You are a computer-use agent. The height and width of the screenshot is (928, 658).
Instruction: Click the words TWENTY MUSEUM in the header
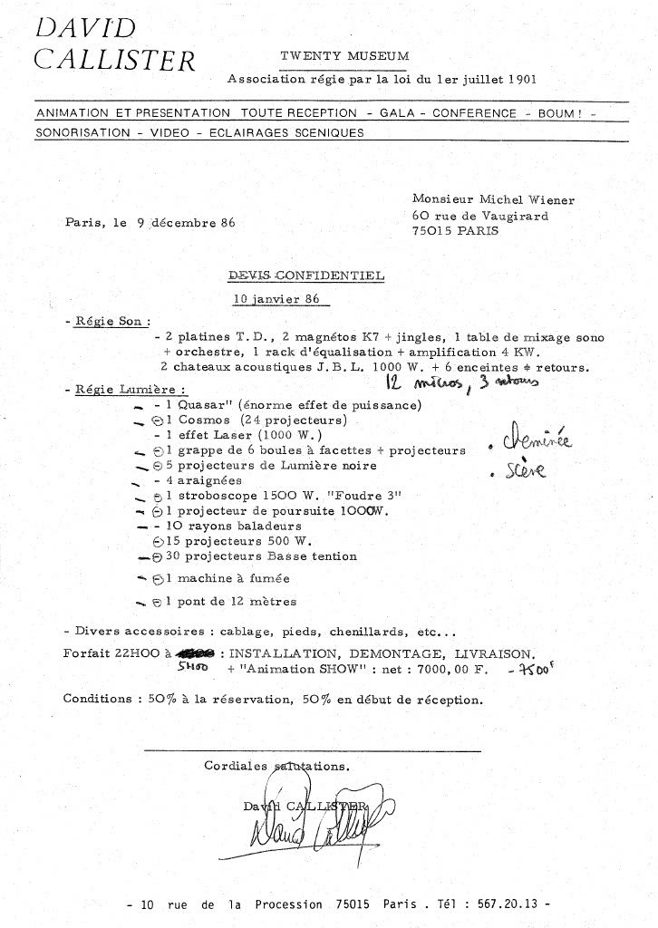pos(344,56)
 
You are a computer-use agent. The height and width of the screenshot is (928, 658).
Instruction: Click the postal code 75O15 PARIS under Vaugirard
pos(455,231)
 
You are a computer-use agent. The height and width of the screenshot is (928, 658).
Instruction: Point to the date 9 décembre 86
pos(177,223)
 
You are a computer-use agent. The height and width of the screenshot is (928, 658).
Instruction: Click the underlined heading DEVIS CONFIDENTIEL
pos(305,275)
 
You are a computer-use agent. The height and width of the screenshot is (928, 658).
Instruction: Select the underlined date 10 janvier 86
pos(277,298)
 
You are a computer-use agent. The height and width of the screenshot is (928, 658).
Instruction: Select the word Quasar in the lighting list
pos(200,405)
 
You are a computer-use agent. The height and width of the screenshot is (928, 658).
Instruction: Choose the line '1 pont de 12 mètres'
pos(230,601)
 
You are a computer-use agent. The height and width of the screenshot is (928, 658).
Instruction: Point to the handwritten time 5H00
pos(192,667)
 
